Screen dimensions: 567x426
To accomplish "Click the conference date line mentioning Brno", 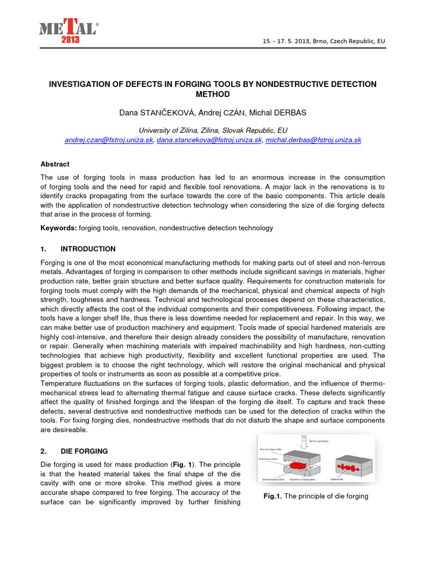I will (x=331, y=42).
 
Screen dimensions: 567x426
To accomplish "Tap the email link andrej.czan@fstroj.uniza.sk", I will (x=109, y=141).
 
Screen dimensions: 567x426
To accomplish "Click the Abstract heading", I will (x=55, y=164).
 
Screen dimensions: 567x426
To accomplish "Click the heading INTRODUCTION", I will (x=88, y=249).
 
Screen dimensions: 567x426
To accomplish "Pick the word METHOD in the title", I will (x=213, y=95).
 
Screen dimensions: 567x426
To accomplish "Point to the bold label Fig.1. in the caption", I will (x=273, y=496).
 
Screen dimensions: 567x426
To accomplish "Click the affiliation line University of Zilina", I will (x=213, y=130).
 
